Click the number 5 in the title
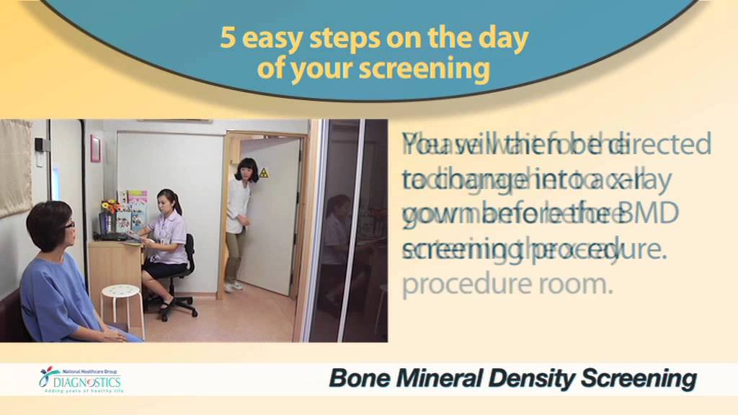[228, 39]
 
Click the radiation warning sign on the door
[263, 173]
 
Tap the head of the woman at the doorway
[246, 170]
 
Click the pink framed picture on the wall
[95, 148]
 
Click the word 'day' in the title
[504, 39]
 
